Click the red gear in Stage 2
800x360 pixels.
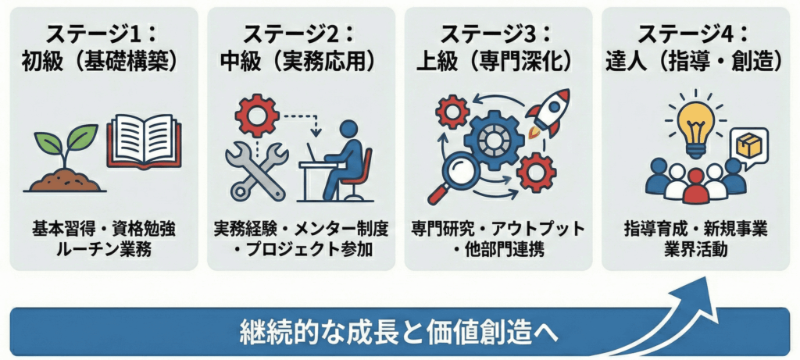coord(256,116)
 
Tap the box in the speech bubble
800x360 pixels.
coord(748,146)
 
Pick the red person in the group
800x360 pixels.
coord(695,186)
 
